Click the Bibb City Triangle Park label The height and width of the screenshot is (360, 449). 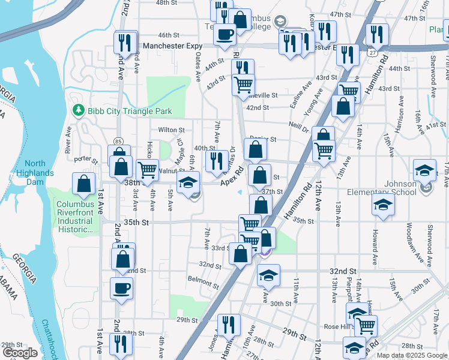(129, 111)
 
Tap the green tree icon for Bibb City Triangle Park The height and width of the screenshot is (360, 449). (77, 110)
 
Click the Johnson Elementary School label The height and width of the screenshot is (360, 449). (382, 188)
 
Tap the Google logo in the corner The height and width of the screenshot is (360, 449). (20, 353)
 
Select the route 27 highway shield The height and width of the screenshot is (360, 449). (372, 53)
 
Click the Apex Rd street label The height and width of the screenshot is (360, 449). (231, 176)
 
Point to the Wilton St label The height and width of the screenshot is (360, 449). (171, 130)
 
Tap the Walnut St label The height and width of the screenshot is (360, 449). (171, 171)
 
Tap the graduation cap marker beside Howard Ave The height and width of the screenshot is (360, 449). (382, 205)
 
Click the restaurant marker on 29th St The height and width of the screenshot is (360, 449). (228, 325)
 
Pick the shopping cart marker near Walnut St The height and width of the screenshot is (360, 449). (147, 170)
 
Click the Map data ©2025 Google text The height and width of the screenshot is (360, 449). (411, 355)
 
